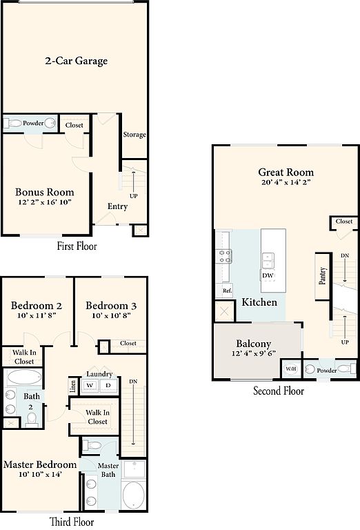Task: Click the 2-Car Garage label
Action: pyautogui.click(x=77, y=61)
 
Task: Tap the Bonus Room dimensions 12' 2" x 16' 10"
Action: pyautogui.click(x=45, y=202)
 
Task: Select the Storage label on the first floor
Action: pyautogui.click(x=134, y=135)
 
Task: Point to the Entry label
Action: pyautogui.click(x=117, y=206)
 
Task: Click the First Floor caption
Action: pyautogui.click(x=77, y=246)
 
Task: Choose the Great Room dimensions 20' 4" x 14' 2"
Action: pyautogui.click(x=286, y=182)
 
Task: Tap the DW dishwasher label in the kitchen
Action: pyautogui.click(x=268, y=275)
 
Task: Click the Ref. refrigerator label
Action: pyautogui.click(x=228, y=291)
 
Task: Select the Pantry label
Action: pyautogui.click(x=323, y=276)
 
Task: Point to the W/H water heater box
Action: pyautogui.click(x=291, y=369)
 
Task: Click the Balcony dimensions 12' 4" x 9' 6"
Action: pyautogui.click(x=254, y=353)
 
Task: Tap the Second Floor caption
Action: pyautogui.click(x=279, y=391)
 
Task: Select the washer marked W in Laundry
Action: pyautogui.click(x=90, y=385)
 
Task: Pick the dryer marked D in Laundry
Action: pyautogui.click(x=108, y=385)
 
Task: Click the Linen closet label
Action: pyautogui.click(x=73, y=386)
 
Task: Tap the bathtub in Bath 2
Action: pyautogui.click(x=23, y=377)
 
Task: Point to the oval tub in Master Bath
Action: pyautogui.click(x=133, y=495)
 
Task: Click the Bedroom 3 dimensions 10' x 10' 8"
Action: pyautogui.click(x=111, y=315)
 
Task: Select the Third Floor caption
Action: pyautogui.click(x=72, y=522)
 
